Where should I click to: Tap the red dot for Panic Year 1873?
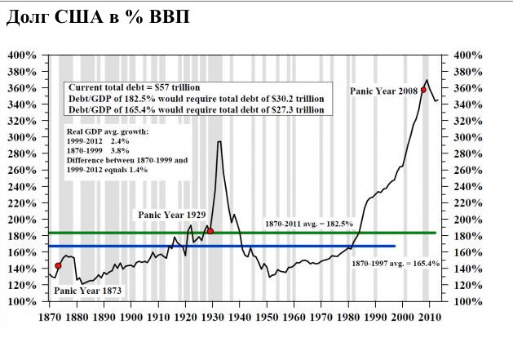pyautogui.click(x=58, y=266)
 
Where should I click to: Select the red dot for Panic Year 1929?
pyautogui.click(x=210, y=232)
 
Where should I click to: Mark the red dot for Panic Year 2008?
pyautogui.click(x=423, y=90)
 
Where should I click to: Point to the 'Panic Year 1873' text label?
pyautogui.click(x=88, y=290)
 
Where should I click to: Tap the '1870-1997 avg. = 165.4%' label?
pyautogui.click(x=396, y=264)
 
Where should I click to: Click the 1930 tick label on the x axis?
pyautogui.click(x=213, y=317)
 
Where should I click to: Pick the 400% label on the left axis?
pyautogui.click(x=21, y=56)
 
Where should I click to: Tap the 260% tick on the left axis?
pyautogui.click(x=21, y=171)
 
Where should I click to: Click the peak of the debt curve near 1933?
pyautogui.click(x=219, y=142)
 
